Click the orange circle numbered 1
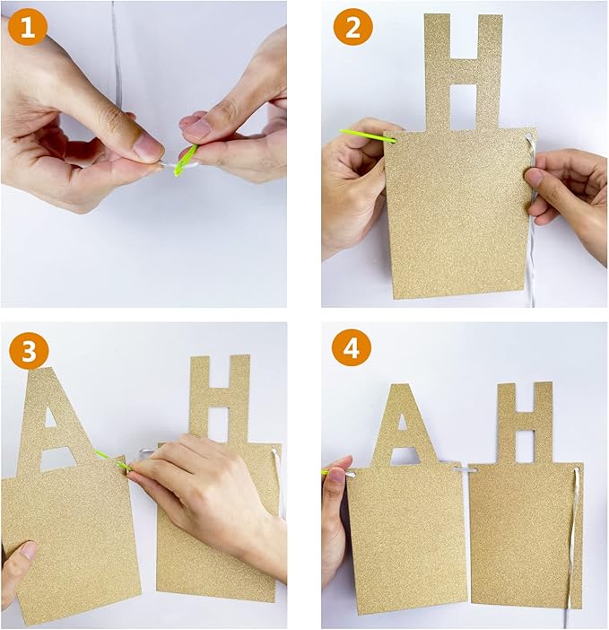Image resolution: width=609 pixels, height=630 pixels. click(27, 28)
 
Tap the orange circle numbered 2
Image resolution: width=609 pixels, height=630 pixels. click(352, 28)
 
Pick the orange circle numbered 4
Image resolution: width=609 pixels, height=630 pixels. click(352, 348)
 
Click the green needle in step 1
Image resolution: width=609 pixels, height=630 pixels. click(185, 161)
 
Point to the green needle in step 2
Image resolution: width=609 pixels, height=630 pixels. click(368, 136)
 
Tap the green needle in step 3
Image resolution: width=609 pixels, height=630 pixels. click(113, 459)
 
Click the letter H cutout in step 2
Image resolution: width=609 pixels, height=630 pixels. click(464, 73)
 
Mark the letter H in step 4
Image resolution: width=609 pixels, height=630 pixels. click(525, 422)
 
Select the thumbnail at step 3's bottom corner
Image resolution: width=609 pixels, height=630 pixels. click(29, 550)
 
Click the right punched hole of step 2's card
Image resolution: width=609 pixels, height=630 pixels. click(528, 136)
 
